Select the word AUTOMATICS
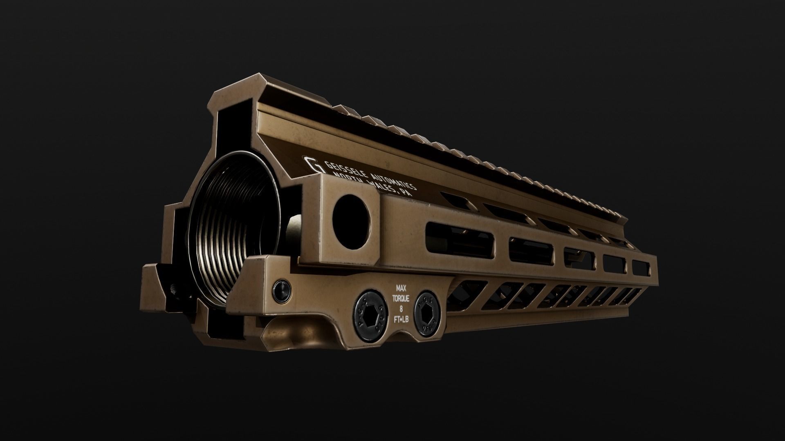(393, 180)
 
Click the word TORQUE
(401, 298)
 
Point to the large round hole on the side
(351, 221)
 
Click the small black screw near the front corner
(283, 289)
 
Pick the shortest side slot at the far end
(641, 268)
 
